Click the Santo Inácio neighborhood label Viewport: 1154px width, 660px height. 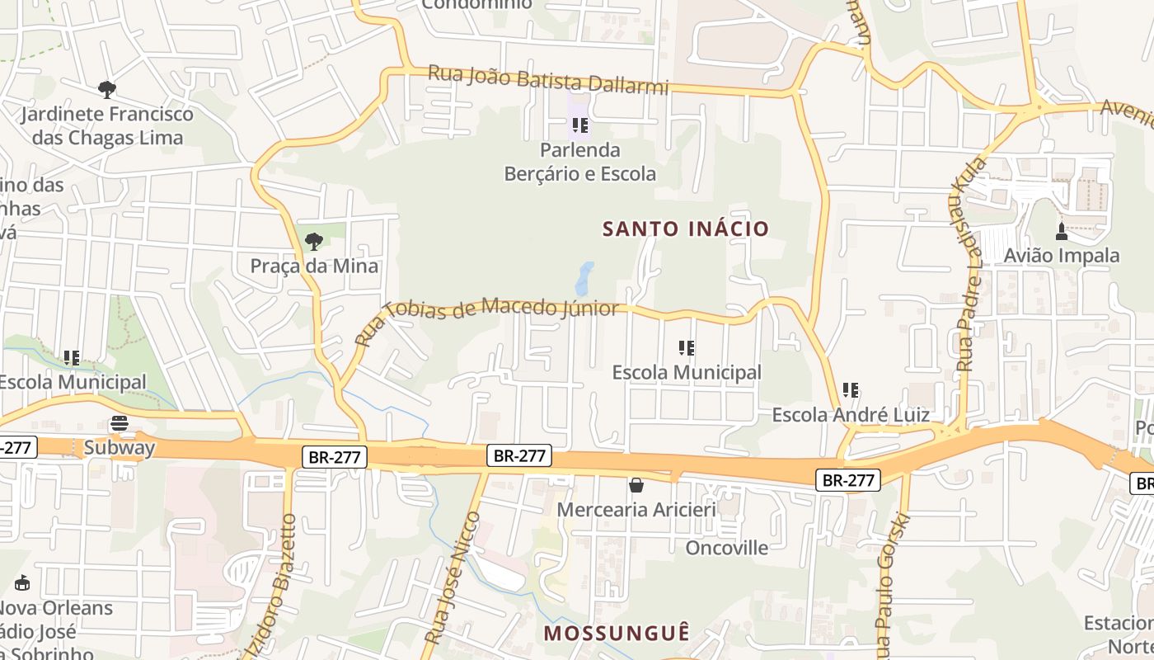click(686, 229)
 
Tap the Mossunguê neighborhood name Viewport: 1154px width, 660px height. click(617, 634)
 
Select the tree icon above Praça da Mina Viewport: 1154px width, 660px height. click(313, 242)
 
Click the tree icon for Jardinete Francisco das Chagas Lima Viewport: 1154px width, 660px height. click(106, 89)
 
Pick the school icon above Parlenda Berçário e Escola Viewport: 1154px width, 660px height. click(579, 125)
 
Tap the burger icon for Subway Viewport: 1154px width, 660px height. click(120, 424)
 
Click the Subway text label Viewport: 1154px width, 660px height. click(120, 448)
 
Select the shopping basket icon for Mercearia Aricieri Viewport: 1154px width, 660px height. click(636, 485)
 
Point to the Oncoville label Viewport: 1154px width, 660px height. click(727, 548)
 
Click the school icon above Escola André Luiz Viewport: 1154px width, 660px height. click(851, 390)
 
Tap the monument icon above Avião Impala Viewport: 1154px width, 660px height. click(1062, 231)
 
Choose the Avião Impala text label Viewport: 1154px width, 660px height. click(1062, 256)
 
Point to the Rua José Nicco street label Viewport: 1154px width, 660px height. click(452, 577)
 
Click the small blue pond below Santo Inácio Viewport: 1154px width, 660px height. click(584, 278)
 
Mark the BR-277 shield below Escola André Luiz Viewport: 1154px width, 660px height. click(848, 480)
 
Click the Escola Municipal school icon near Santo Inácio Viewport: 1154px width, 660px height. click(687, 348)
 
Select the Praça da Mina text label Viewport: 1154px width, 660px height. click(315, 266)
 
